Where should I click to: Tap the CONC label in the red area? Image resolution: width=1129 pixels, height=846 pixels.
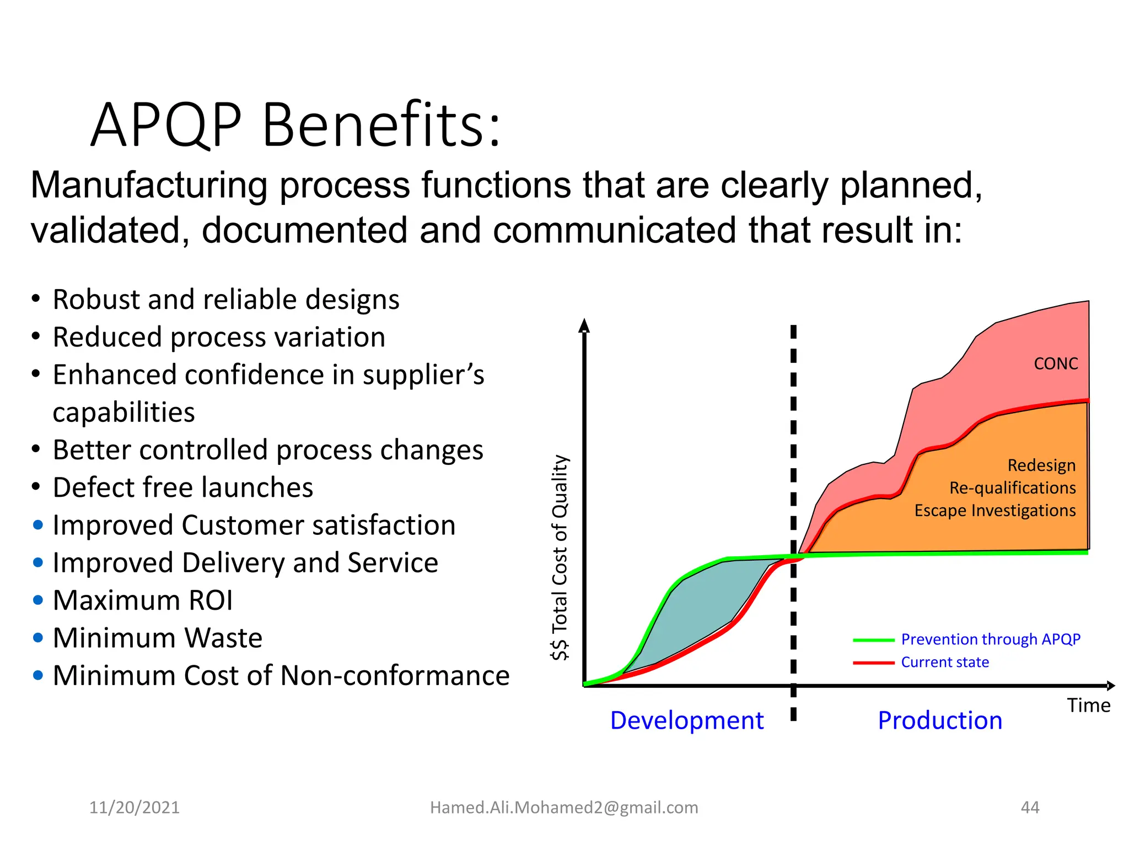coord(1056,364)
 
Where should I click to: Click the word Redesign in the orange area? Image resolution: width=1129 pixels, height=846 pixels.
coord(1041,465)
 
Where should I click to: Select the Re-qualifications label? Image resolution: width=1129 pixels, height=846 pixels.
coord(1012,487)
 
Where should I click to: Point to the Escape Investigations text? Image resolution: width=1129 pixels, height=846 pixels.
coord(994,510)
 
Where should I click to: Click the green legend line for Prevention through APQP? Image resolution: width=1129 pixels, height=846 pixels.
coord(873,640)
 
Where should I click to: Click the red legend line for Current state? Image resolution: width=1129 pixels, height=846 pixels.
coord(873,663)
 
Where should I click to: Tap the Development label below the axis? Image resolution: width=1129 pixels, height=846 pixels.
coord(686,720)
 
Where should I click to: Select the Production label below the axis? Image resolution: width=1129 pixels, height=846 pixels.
coord(940,720)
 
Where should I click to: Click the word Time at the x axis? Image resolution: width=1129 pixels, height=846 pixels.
coord(1088,705)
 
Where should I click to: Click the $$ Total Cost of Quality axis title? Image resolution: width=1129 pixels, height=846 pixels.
coord(560,557)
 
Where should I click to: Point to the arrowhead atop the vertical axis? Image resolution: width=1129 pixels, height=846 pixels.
coord(584,326)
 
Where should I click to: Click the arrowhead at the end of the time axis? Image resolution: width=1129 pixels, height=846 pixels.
coord(1110,686)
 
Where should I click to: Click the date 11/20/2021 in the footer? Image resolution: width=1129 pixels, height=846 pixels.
coord(135,807)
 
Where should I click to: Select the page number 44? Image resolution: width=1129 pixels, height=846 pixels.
coord(1030,807)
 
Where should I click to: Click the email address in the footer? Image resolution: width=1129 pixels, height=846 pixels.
coord(564,807)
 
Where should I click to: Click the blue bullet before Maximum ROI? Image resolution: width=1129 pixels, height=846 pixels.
coord(38,600)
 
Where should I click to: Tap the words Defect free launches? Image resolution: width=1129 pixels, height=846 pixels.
coord(183,487)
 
